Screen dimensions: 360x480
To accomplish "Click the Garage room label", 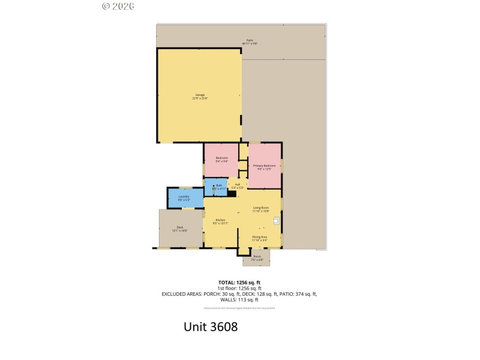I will pos(200,96).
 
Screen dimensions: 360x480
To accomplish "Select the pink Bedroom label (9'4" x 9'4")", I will pos(221,159).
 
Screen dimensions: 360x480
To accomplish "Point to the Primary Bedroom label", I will pos(264,166).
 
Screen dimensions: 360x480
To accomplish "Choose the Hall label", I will pos(238,185).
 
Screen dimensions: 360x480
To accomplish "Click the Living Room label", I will pos(260,209).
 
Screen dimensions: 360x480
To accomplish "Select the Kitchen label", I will pos(220,221).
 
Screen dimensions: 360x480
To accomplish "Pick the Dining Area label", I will pos(259,238).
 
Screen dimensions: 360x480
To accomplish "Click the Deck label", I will pos(180,229).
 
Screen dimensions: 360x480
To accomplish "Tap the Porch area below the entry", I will pos(257,257).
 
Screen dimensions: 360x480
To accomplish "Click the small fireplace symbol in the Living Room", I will pos(276,221).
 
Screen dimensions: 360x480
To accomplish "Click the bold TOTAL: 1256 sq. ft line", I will pos(239,282).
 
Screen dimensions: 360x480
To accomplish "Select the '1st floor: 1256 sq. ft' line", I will pos(239,288).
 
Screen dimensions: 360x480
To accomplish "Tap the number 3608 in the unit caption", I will pos(224,328).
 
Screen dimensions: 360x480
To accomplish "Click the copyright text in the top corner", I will pos(118,6).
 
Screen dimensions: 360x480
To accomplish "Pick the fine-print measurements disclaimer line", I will pos(239,308).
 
